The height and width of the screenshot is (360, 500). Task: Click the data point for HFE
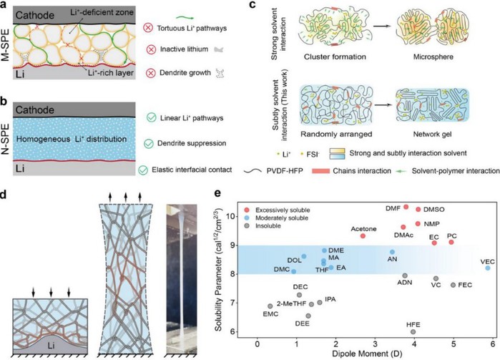(x=413, y=332)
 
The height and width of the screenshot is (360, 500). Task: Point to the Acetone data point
(x=363, y=235)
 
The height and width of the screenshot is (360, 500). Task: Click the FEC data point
(x=454, y=285)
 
